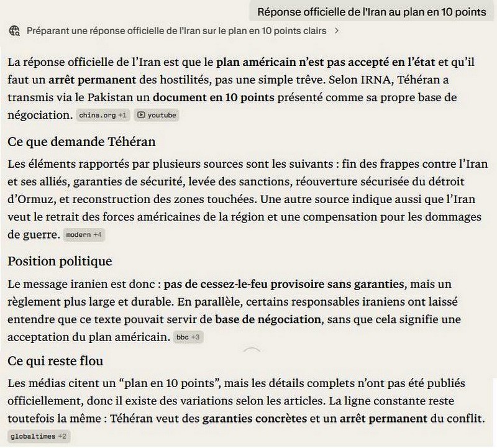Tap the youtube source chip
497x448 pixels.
(x=157, y=115)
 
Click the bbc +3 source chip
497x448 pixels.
(x=187, y=337)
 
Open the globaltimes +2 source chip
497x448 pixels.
(x=38, y=437)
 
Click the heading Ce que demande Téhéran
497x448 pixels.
(x=81, y=141)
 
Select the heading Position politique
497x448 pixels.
(x=60, y=261)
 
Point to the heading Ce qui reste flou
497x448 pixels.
(x=55, y=361)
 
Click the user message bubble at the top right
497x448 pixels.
(x=372, y=12)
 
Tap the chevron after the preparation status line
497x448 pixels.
(x=336, y=30)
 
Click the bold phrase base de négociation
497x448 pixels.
(x=268, y=320)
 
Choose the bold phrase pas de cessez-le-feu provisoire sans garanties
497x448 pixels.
(x=284, y=285)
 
